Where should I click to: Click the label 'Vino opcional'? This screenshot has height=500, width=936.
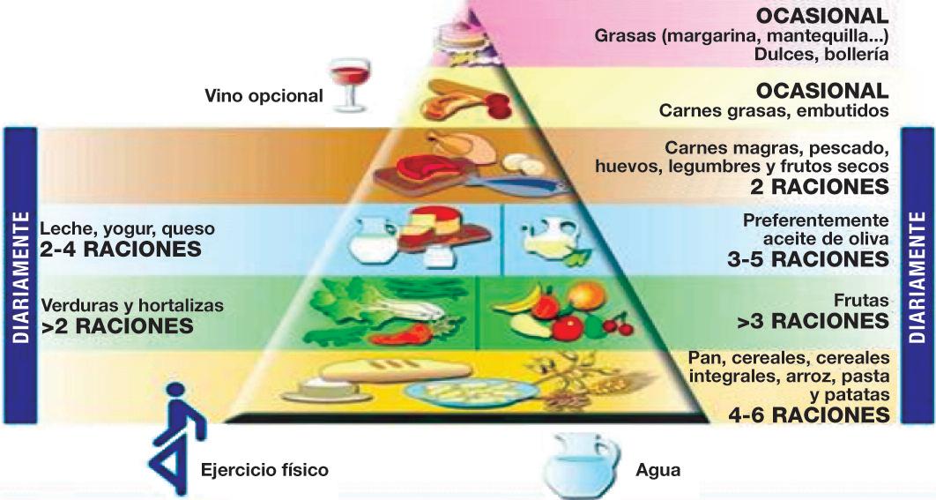[x=264, y=95]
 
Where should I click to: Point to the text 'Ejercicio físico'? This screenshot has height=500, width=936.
[x=264, y=470]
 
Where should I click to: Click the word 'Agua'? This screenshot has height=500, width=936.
[x=657, y=470]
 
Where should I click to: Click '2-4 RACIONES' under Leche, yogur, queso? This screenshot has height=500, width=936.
[x=121, y=250]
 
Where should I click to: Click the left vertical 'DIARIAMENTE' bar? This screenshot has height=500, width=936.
[x=19, y=273]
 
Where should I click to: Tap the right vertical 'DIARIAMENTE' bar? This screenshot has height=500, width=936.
[x=917, y=273]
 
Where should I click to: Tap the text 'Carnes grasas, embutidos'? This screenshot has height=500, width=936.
[x=773, y=111]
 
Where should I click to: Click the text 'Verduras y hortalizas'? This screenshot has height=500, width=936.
[x=132, y=306]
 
